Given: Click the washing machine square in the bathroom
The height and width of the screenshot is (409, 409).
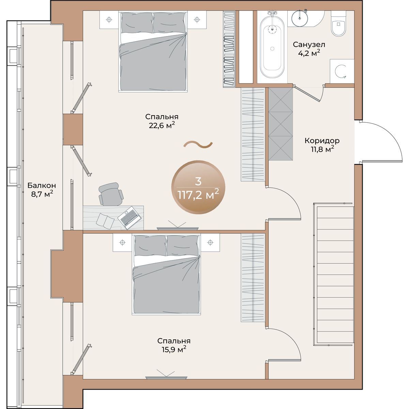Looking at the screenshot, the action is click(x=342, y=71).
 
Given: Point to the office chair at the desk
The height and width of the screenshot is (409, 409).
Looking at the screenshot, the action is click(x=111, y=194).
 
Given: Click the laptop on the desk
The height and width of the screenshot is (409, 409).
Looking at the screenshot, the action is click(x=130, y=217).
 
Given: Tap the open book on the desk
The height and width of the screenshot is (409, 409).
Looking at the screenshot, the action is click(x=105, y=221).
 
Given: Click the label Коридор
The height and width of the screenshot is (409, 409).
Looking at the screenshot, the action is click(x=322, y=140).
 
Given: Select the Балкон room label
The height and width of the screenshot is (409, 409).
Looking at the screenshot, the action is click(x=42, y=185).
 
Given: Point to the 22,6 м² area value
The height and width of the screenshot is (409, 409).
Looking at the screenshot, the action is click(x=162, y=125).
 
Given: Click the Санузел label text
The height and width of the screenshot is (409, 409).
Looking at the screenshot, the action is click(x=309, y=45).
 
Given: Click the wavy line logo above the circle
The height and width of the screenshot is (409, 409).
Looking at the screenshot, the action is click(x=198, y=144).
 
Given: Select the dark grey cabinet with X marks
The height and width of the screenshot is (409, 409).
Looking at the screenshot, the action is click(x=281, y=124).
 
